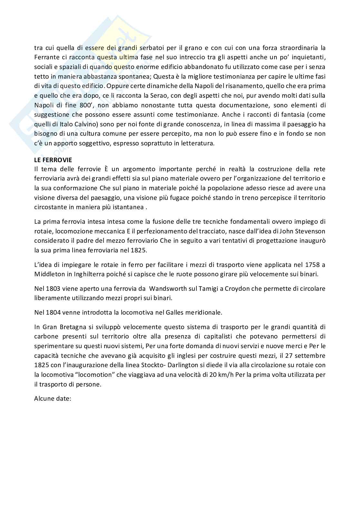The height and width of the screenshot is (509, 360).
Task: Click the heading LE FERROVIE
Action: pos(53,160)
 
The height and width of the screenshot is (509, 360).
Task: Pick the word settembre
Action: pos(311,356)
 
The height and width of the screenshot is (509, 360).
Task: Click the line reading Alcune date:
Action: pos(52,398)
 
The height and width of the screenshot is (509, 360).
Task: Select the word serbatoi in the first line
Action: pos(151,48)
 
